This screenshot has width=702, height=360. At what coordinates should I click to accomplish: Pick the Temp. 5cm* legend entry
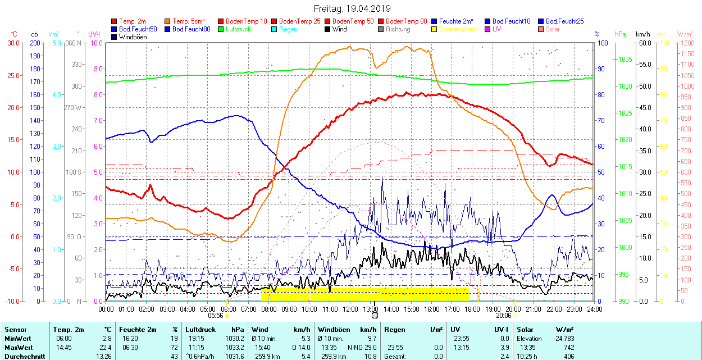point(189,21)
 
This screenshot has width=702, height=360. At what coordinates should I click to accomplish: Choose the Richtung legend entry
point(398,29)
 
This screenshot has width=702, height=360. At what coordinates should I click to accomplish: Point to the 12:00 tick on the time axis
point(350,309)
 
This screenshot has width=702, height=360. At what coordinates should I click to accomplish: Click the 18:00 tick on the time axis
point(473,309)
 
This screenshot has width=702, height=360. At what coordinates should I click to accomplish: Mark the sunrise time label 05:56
point(216,316)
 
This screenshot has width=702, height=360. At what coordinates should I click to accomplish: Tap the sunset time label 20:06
point(503,316)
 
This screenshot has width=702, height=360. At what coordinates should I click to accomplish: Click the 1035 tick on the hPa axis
point(625,60)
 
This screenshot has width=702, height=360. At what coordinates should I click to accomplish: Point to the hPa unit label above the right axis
point(621,34)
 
